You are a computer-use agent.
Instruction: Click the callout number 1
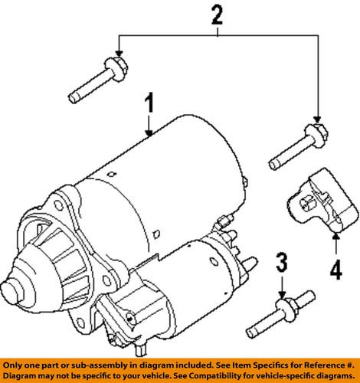click(x=152, y=102)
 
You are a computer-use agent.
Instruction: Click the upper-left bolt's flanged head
click(x=115, y=67)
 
